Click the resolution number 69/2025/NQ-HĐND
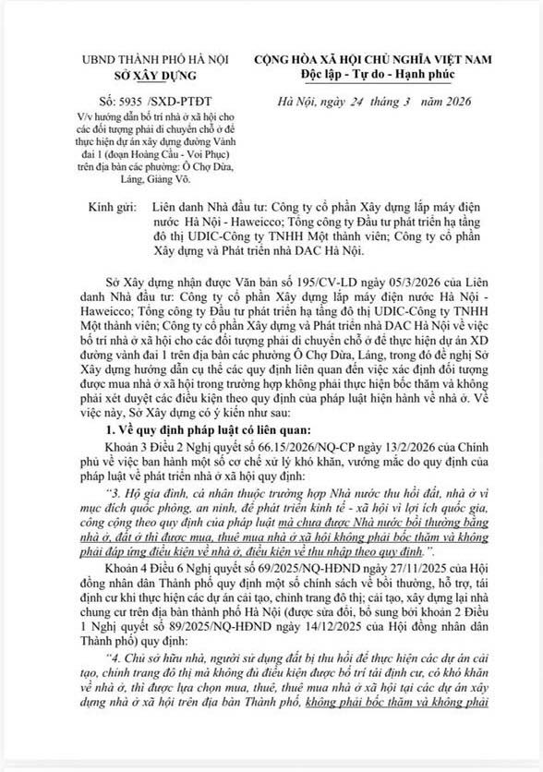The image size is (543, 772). (263, 543)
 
